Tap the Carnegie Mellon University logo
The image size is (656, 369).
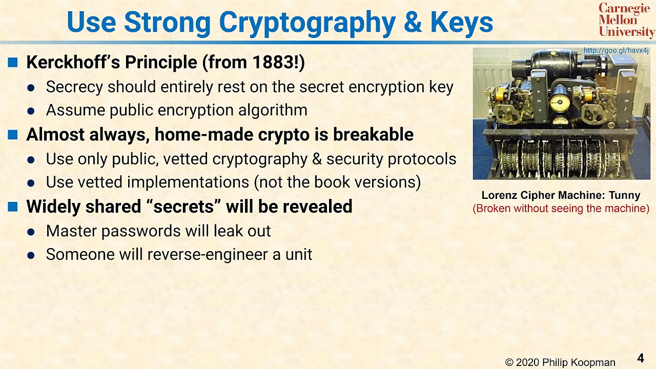pos(626,20)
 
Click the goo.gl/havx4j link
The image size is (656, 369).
pos(616,51)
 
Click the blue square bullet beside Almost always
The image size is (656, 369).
pos(13,135)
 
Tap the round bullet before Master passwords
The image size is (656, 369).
pos(31,232)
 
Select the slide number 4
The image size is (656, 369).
pos(640,358)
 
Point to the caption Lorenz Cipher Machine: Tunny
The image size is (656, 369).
pos(561,195)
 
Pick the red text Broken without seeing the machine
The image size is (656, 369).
pos(561,209)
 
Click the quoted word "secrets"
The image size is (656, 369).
pos(185,207)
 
